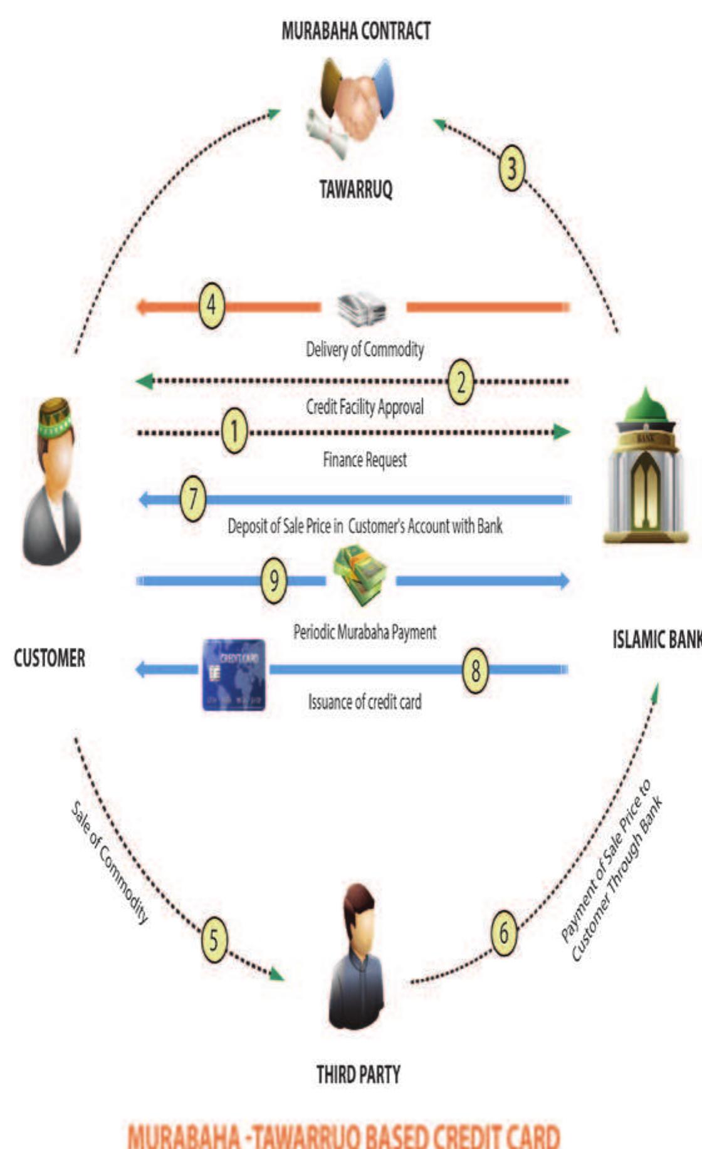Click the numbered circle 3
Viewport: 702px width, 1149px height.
point(511,169)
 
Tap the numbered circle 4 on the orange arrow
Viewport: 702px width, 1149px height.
point(212,306)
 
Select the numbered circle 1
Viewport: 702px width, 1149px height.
point(234,431)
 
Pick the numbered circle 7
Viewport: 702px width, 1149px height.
point(193,499)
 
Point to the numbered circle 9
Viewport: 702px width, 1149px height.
point(274,581)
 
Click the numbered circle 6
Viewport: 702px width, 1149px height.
point(504,932)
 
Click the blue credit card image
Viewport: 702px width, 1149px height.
point(234,675)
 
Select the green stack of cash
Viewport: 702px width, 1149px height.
point(360,573)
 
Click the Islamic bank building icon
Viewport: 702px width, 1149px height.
point(646,467)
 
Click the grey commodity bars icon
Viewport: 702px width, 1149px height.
point(362,309)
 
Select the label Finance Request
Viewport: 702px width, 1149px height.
point(364,460)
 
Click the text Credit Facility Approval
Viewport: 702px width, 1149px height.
point(364,407)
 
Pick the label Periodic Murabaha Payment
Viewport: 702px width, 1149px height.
point(364,632)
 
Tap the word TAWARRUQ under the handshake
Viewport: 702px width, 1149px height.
point(355,189)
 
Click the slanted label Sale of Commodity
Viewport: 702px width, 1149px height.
point(110,862)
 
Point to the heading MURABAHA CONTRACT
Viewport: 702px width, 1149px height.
point(355,31)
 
